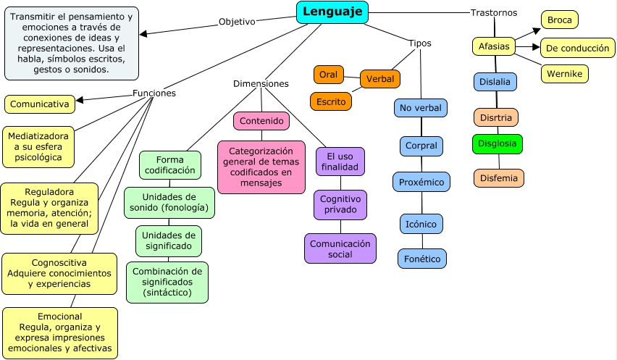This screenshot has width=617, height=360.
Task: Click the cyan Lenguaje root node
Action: [x=332, y=12]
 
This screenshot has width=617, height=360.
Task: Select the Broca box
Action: [x=559, y=20]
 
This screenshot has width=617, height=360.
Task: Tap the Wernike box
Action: [x=565, y=73]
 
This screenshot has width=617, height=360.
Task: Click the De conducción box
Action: [x=577, y=47]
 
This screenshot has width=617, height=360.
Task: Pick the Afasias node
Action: [x=494, y=47]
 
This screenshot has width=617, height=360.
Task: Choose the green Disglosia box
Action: [x=498, y=143]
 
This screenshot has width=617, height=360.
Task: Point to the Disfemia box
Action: [x=499, y=177]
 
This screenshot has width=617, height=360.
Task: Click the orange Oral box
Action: [x=328, y=75]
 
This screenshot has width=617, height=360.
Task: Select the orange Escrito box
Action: [x=331, y=101]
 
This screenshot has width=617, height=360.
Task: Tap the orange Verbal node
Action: [x=380, y=78]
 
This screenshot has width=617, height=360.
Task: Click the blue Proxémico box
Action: [x=421, y=181]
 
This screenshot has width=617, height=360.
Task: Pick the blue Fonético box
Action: [x=422, y=259]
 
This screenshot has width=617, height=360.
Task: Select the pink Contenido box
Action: [x=261, y=120]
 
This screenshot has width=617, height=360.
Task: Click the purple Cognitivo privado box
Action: [x=340, y=204]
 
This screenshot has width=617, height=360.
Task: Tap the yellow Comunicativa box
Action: [x=40, y=104]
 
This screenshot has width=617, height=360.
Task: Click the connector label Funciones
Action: [x=154, y=93]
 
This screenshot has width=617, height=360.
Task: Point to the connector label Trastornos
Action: [x=493, y=12]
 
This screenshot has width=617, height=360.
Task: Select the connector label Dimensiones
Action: [x=261, y=83]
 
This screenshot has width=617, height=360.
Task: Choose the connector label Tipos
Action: [x=419, y=43]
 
